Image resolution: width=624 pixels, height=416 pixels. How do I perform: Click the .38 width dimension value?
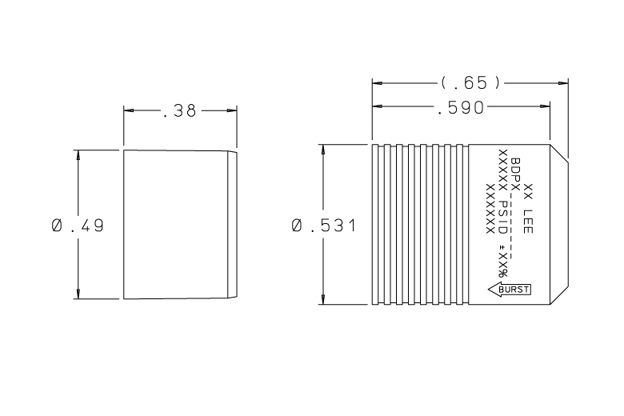tap(179, 111)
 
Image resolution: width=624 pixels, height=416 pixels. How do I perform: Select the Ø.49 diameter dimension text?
tap(78, 226)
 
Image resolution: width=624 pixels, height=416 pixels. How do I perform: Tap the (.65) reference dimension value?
tap(470, 83)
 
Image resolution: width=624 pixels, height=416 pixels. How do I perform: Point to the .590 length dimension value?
tap(461, 108)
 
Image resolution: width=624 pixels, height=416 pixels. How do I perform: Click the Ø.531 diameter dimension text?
tap(323, 226)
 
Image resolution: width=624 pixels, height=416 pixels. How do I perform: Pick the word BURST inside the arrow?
tap(514, 290)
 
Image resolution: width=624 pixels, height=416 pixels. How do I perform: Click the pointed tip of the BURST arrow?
tap(489, 290)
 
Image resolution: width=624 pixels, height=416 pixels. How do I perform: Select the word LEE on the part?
tap(528, 222)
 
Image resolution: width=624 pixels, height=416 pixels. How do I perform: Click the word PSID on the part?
tap(503, 218)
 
